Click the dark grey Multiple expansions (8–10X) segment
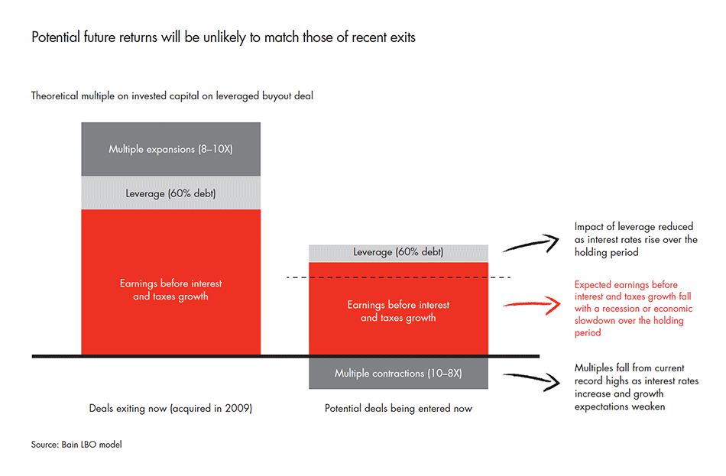pos(170,150)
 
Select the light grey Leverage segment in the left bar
pos(170,193)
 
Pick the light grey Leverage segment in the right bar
pos(398,253)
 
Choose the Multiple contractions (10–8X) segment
pos(398,374)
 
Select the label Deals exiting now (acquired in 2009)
pos(170,409)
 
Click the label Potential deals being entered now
pos(398,409)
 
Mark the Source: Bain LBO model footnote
pos(76,445)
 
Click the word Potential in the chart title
pos(53,37)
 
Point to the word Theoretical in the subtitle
pos(57,96)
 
